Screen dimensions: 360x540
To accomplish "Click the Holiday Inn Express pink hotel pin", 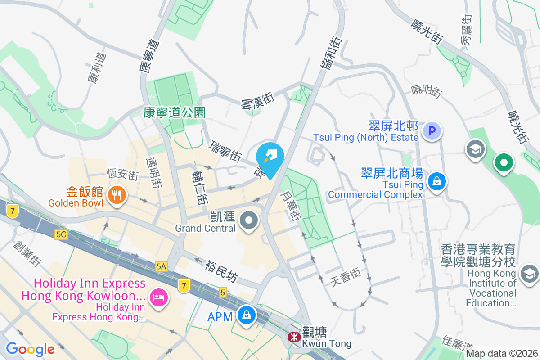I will (158, 297).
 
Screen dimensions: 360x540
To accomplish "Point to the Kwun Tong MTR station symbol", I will (294, 336).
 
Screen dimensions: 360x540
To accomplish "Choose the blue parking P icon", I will (432, 131).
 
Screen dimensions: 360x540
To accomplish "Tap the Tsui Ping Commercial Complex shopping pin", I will (436, 182).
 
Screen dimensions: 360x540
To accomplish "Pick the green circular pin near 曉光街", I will (504, 162).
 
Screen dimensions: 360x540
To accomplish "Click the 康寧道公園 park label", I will (175, 112).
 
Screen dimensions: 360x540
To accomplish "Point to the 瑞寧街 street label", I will (225, 151).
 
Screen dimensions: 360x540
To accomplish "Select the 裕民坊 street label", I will (221, 271).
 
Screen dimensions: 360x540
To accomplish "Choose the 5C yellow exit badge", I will (61, 234).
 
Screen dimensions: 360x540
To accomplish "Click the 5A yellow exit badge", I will (161, 266).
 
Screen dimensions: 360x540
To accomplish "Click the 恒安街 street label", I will (123, 175).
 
